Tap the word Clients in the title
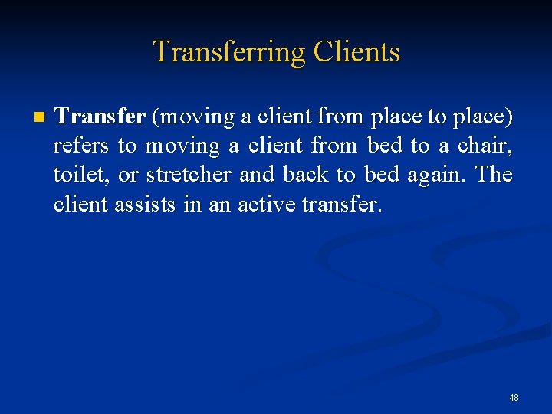tap(356, 52)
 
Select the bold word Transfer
tap(100, 117)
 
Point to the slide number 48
tap(514, 397)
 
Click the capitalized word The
tap(494, 175)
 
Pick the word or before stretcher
tap(128, 176)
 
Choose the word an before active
tap(219, 205)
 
